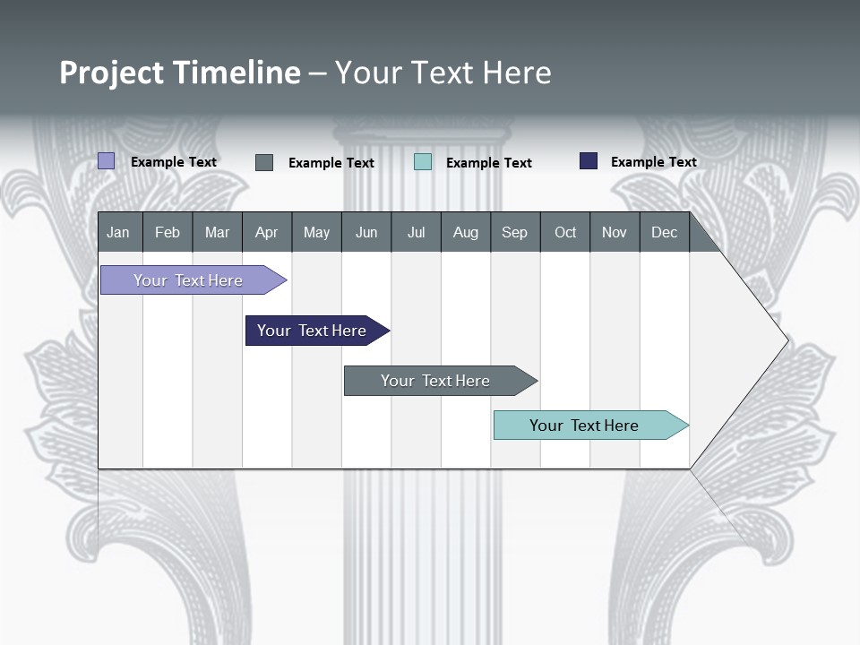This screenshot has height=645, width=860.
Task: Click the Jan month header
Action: pyautogui.click(x=118, y=233)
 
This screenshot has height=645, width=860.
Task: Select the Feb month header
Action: pyautogui.click(x=168, y=233)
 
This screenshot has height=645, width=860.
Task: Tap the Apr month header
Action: pyautogui.click(x=266, y=233)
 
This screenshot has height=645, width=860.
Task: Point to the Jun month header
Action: pyautogui.click(x=365, y=233)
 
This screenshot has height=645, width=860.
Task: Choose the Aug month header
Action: pyautogui.click(x=465, y=233)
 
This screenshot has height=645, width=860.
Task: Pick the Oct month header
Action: pyautogui.click(x=565, y=233)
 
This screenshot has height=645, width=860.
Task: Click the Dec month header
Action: pyautogui.click(x=664, y=233)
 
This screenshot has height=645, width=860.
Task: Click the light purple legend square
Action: pyautogui.click(x=107, y=161)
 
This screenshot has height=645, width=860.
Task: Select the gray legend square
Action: pyautogui.click(x=264, y=162)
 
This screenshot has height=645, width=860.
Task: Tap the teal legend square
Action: pyautogui.click(x=423, y=162)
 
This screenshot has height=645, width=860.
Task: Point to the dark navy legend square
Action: pyautogui.click(x=589, y=161)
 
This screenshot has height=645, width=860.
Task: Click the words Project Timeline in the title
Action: pyautogui.click(x=180, y=73)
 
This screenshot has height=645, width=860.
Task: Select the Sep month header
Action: pyautogui.click(x=514, y=233)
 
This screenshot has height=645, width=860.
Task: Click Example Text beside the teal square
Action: pyautogui.click(x=488, y=163)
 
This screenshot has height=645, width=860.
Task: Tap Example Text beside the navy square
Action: pyautogui.click(x=653, y=162)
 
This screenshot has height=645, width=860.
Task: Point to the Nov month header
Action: pyautogui.click(x=615, y=233)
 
